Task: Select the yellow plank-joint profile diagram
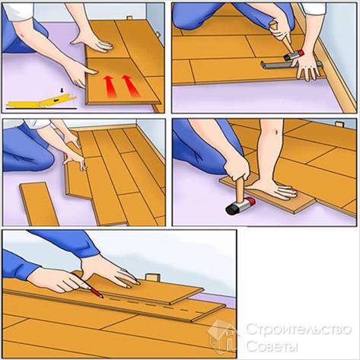[x=37, y=101]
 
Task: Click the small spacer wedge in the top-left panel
[x=129, y=19]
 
